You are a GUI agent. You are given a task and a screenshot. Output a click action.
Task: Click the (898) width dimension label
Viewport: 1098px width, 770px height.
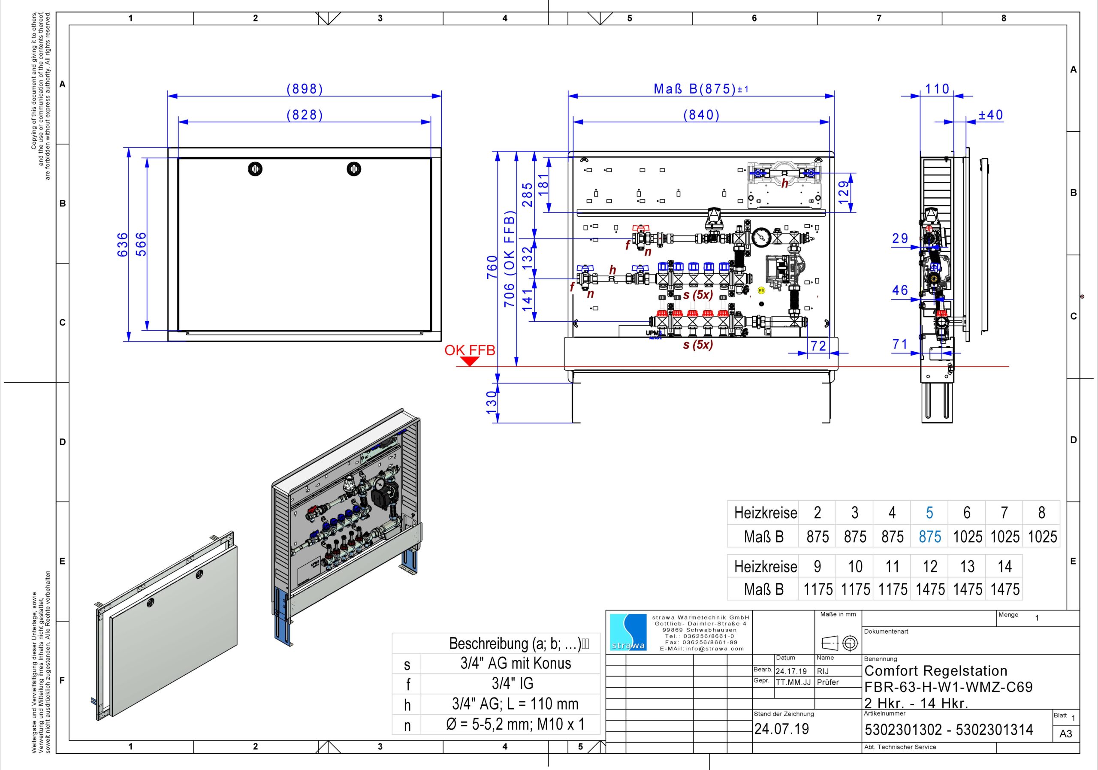[x=305, y=89]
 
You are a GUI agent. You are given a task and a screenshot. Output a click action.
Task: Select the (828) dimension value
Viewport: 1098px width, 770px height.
[x=305, y=115]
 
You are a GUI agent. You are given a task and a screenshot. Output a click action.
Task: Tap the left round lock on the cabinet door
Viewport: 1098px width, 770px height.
[x=255, y=169]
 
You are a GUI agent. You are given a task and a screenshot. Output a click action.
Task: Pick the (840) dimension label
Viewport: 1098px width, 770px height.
[x=701, y=115]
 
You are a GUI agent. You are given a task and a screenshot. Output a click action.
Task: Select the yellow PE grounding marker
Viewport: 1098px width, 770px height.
[x=761, y=290]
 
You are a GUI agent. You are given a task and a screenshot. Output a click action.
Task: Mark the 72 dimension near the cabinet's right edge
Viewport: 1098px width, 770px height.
[x=818, y=346]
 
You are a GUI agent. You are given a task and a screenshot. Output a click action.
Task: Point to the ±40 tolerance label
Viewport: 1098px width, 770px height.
[x=991, y=115]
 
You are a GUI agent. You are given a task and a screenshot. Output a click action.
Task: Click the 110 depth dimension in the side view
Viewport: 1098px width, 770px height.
[x=937, y=89]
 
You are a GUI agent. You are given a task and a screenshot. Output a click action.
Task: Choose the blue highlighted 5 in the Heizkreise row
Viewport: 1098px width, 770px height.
[x=929, y=513]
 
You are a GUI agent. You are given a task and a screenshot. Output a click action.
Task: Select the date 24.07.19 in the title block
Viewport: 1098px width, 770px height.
[x=781, y=729]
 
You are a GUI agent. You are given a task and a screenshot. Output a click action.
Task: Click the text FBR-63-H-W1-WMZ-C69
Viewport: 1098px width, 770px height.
[x=948, y=687]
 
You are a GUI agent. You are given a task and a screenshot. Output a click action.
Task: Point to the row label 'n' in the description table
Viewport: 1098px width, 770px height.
[x=407, y=725]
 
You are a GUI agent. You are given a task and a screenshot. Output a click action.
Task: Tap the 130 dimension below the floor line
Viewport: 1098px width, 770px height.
[x=492, y=403]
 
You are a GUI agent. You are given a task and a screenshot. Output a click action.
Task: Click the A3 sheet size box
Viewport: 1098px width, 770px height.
[x=1065, y=734]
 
